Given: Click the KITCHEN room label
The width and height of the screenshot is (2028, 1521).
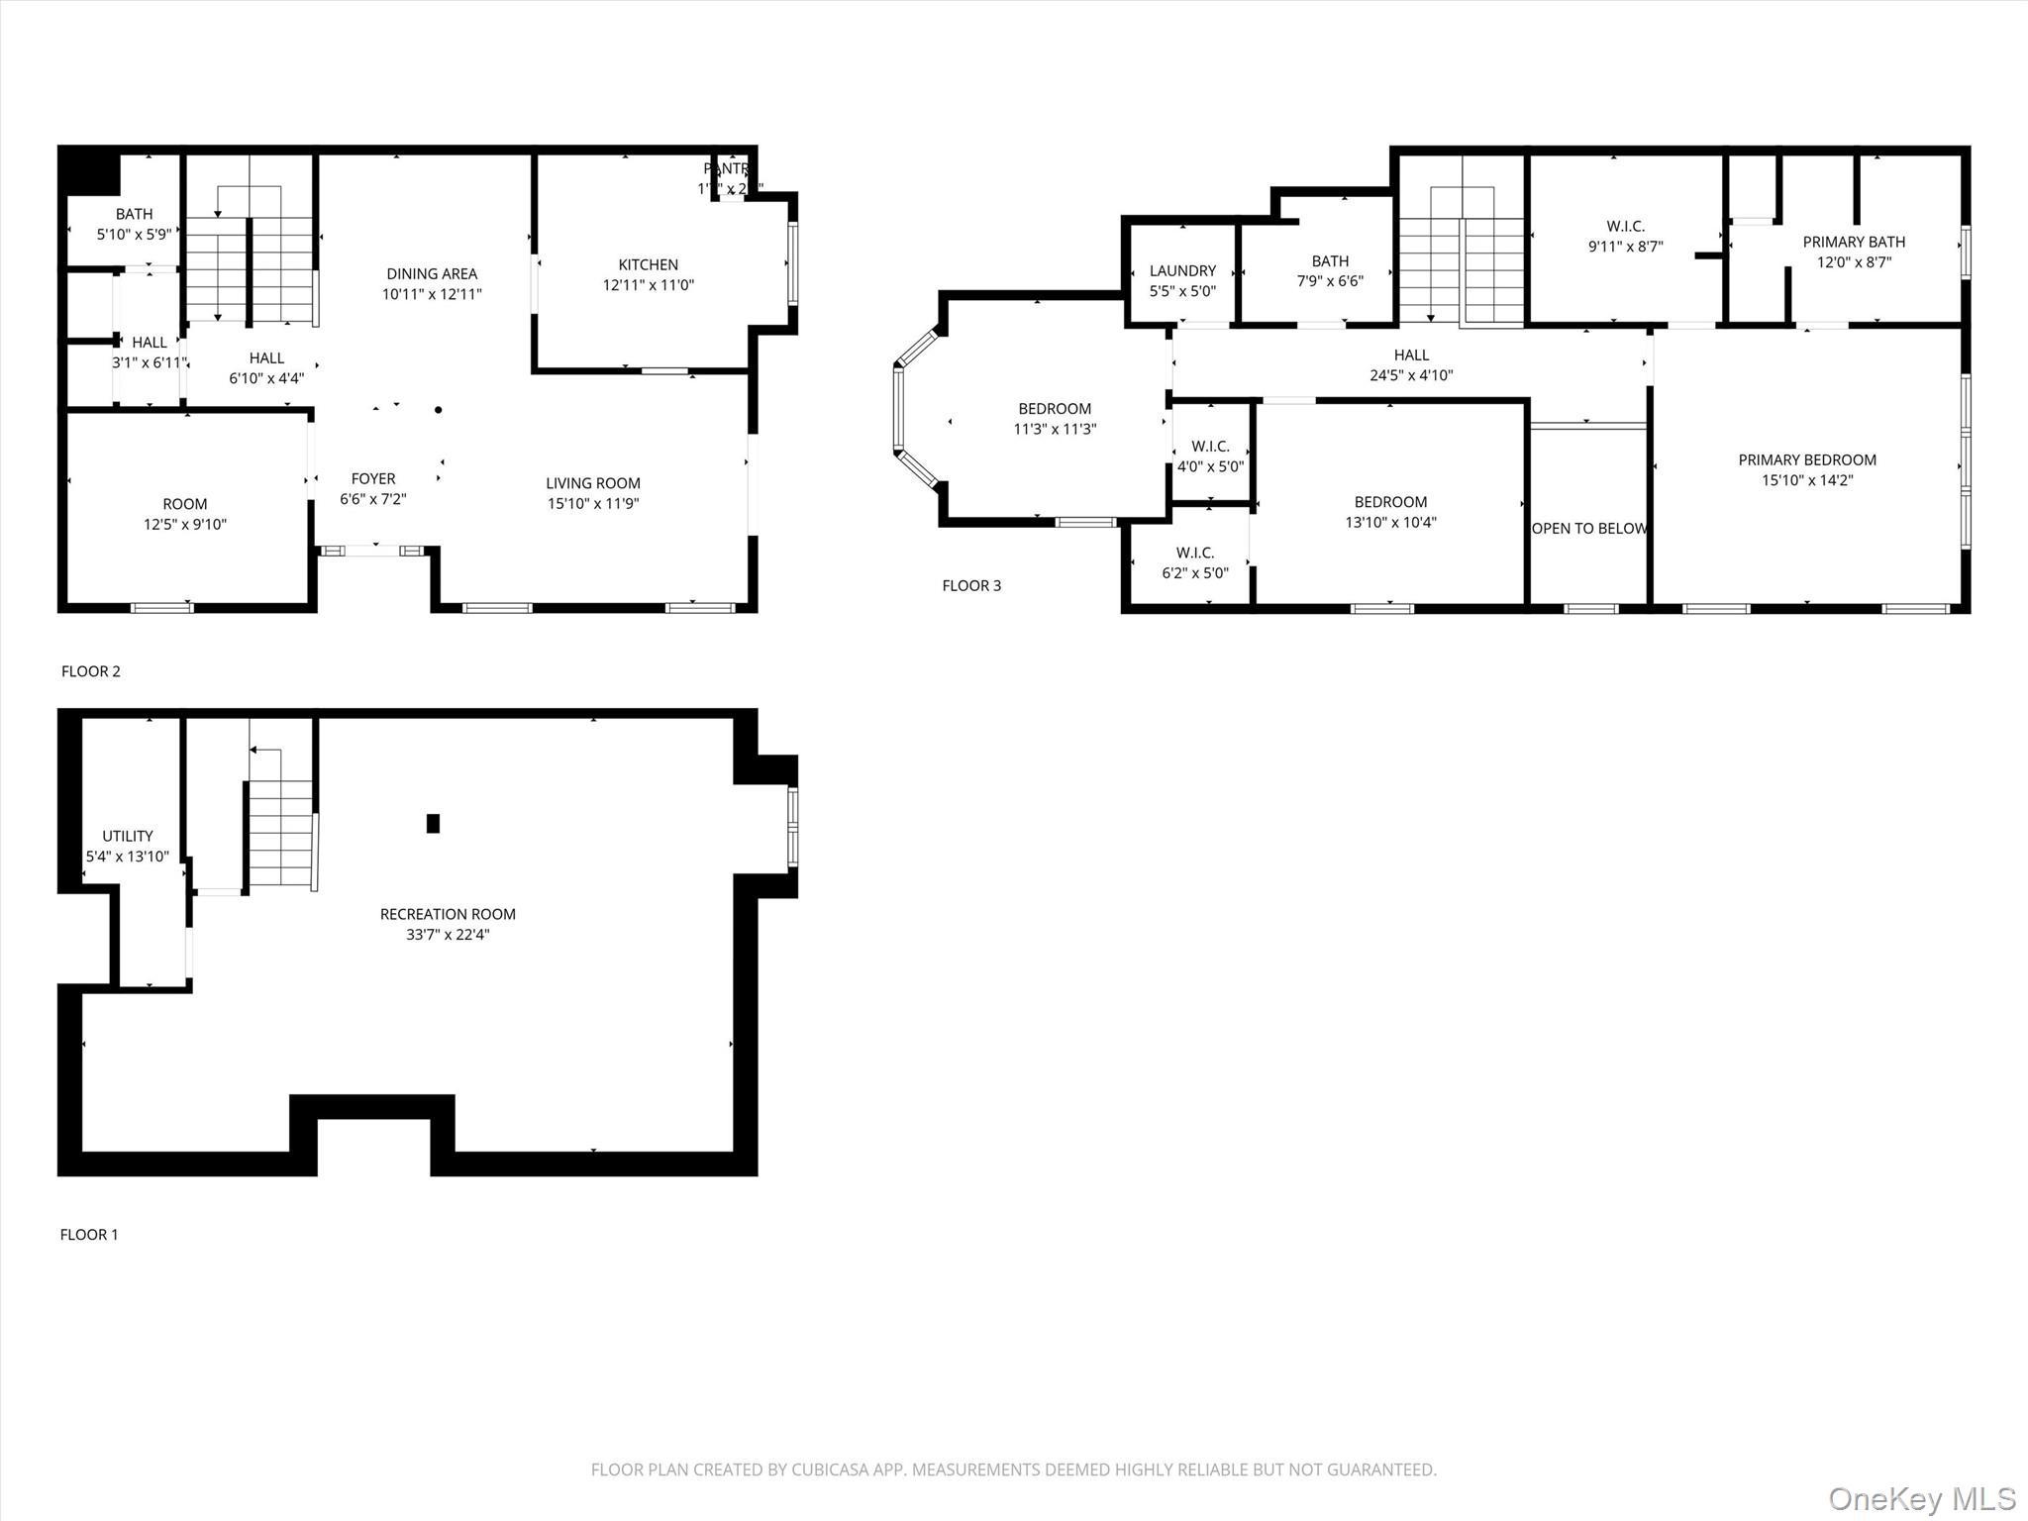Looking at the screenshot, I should point(648,264).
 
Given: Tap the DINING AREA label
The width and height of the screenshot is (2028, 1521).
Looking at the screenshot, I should point(432,274).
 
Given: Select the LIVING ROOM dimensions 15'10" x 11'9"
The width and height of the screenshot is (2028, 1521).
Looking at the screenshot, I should point(593,504).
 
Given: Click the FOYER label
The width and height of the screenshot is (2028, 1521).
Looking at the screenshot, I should point(372,479).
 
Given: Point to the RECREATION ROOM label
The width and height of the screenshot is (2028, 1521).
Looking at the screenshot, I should point(448,914).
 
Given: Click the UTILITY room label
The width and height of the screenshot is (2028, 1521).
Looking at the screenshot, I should point(128,836).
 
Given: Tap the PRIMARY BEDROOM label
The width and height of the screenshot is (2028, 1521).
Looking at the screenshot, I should point(1807,459).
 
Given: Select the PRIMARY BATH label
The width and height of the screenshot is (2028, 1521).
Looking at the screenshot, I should point(1853,242).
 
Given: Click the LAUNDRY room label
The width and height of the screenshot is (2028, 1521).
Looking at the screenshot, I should point(1182,270).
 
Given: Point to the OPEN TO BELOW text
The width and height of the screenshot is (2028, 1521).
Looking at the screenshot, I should point(1588,529).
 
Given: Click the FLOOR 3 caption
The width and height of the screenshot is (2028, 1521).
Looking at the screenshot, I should point(970,585).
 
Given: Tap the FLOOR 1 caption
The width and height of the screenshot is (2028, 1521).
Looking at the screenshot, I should point(89,1234).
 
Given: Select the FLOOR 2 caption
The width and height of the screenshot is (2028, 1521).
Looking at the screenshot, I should point(90,671).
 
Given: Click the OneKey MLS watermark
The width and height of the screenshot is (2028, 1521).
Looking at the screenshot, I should point(1921,1498).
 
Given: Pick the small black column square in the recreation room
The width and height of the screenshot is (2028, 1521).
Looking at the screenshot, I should point(433,823).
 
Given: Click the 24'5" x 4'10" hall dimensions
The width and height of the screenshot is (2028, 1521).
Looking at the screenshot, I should point(1411,375).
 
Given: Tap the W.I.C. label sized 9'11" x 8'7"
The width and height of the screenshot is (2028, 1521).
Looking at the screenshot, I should point(1625,227).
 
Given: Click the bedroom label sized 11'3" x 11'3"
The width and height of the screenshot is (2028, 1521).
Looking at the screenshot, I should point(1055,409).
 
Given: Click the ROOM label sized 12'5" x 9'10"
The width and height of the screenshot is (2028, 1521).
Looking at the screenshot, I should point(184,504).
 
